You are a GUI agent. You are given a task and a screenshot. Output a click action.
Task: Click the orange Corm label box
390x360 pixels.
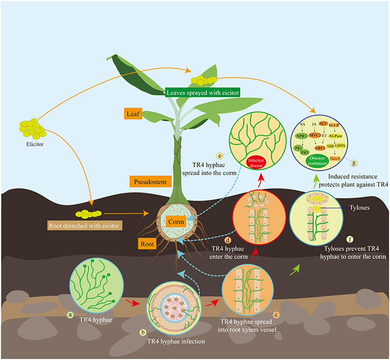tap(176, 222)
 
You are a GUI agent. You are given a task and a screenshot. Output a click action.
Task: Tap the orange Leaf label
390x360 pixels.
tap(133, 114)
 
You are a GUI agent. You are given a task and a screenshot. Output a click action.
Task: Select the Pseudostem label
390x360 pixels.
tap(150, 182)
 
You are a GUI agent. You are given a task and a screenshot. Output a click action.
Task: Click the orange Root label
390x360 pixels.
tap(147, 244)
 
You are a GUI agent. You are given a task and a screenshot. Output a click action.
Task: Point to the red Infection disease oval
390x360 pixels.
tap(256, 163)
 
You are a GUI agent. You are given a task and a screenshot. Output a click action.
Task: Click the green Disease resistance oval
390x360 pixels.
tap(317, 161)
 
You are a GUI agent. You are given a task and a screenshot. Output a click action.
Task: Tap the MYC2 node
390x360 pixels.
tap(315, 135)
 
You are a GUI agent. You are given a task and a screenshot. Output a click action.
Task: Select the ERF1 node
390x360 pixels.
tap(320, 148)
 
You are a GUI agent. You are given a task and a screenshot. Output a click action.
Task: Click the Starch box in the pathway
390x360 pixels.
tap(335, 159)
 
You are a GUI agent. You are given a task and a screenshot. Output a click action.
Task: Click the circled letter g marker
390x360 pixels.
tap(354, 163)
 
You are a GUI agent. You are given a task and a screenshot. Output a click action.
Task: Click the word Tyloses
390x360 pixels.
tap(359, 208)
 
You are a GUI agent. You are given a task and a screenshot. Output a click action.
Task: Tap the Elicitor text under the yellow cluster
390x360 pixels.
tap(35, 144)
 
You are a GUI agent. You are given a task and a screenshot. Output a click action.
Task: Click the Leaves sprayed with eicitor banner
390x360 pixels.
tap(203, 93)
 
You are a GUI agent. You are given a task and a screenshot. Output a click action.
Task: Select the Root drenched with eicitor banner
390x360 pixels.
tap(84, 225)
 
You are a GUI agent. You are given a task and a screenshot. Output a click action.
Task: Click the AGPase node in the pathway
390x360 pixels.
tap(335, 136)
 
